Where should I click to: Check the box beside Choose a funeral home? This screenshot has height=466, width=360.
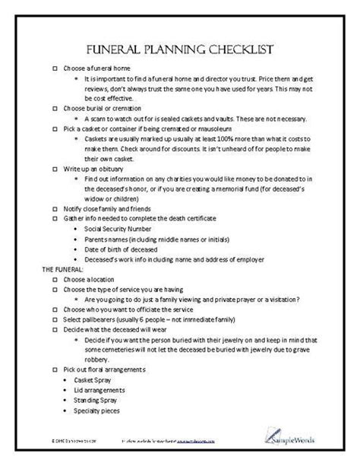point(54,68)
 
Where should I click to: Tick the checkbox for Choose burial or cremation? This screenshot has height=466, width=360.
point(54,109)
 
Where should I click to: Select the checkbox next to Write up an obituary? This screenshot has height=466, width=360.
point(54,169)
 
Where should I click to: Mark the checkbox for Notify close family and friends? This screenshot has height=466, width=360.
point(54,208)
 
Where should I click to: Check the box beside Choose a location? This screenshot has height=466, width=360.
point(54,278)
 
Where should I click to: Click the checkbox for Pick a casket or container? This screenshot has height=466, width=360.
point(54,128)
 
